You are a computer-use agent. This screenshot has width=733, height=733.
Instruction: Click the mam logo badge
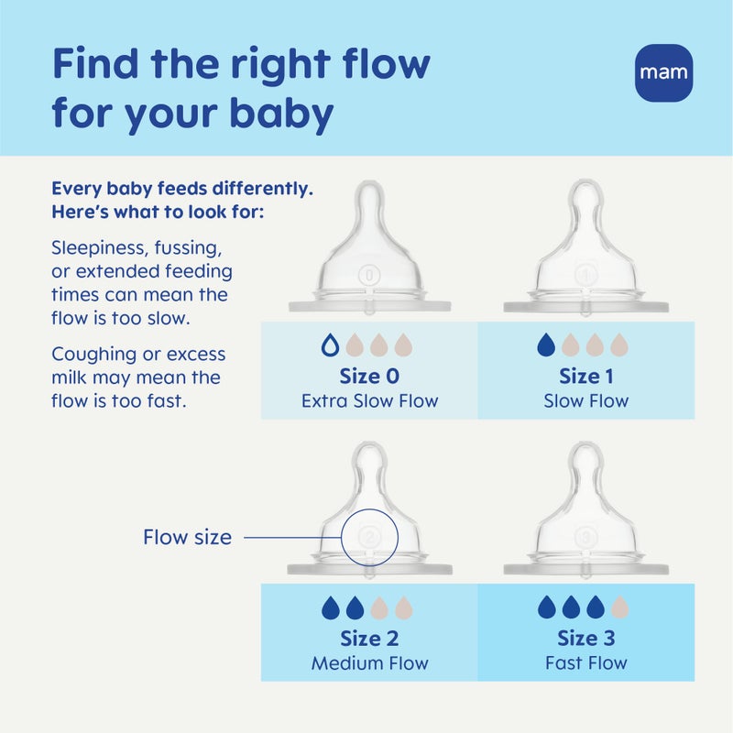coord(664,72)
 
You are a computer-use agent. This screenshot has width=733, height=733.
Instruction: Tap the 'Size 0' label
coord(369,376)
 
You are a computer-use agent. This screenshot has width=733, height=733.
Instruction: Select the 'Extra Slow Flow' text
coord(369,400)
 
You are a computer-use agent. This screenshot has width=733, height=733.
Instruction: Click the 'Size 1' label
coord(586,376)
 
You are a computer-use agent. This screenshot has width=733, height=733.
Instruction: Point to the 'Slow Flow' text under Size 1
coord(586,400)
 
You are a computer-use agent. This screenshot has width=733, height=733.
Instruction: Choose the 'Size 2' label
coord(369,638)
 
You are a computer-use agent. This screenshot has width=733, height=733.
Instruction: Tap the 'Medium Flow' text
coord(369,662)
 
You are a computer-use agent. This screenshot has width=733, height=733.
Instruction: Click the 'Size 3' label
coord(586,638)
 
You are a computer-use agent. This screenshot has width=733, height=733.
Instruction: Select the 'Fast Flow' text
coord(586,662)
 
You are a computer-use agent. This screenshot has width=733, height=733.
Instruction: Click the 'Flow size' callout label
coord(187,538)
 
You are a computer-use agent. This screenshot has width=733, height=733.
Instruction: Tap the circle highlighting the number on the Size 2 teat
coord(370,536)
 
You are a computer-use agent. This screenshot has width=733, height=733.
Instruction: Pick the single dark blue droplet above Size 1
coord(546,345)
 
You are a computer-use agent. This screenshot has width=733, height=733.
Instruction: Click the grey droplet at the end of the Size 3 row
coord(620,607)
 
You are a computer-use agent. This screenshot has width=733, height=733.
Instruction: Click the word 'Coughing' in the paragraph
coord(93,354)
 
